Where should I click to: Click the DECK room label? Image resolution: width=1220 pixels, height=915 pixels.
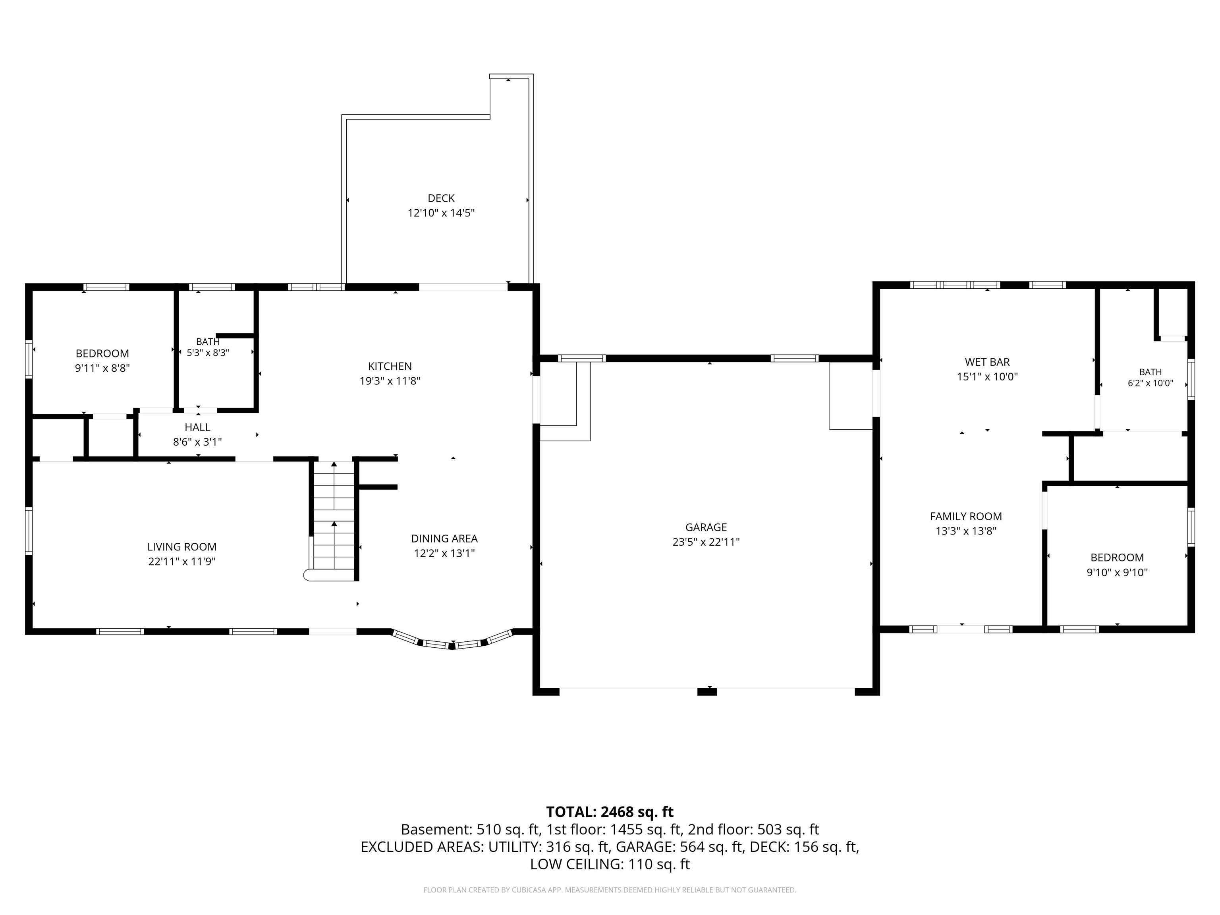(441, 198)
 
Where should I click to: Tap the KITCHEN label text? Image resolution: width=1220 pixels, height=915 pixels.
(390, 366)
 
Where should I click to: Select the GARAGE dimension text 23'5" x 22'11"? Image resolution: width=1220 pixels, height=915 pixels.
(706, 542)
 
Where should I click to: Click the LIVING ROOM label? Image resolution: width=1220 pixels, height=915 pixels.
(181, 546)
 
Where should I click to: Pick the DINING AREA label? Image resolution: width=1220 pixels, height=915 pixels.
(444, 538)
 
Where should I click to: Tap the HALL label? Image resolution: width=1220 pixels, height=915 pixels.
(197, 427)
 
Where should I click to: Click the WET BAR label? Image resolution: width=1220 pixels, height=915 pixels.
(987, 362)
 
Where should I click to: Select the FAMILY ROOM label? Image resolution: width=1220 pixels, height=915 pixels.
(966, 516)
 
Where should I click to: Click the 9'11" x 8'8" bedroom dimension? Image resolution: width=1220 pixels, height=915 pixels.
(102, 368)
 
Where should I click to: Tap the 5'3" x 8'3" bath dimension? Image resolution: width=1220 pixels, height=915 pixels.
(208, 352)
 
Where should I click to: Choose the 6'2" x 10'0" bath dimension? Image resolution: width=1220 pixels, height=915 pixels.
(1151, 383)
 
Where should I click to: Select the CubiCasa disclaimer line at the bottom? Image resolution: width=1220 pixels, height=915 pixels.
(610, 890)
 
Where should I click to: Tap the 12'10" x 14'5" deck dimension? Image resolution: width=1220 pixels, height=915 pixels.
(441, 213)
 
